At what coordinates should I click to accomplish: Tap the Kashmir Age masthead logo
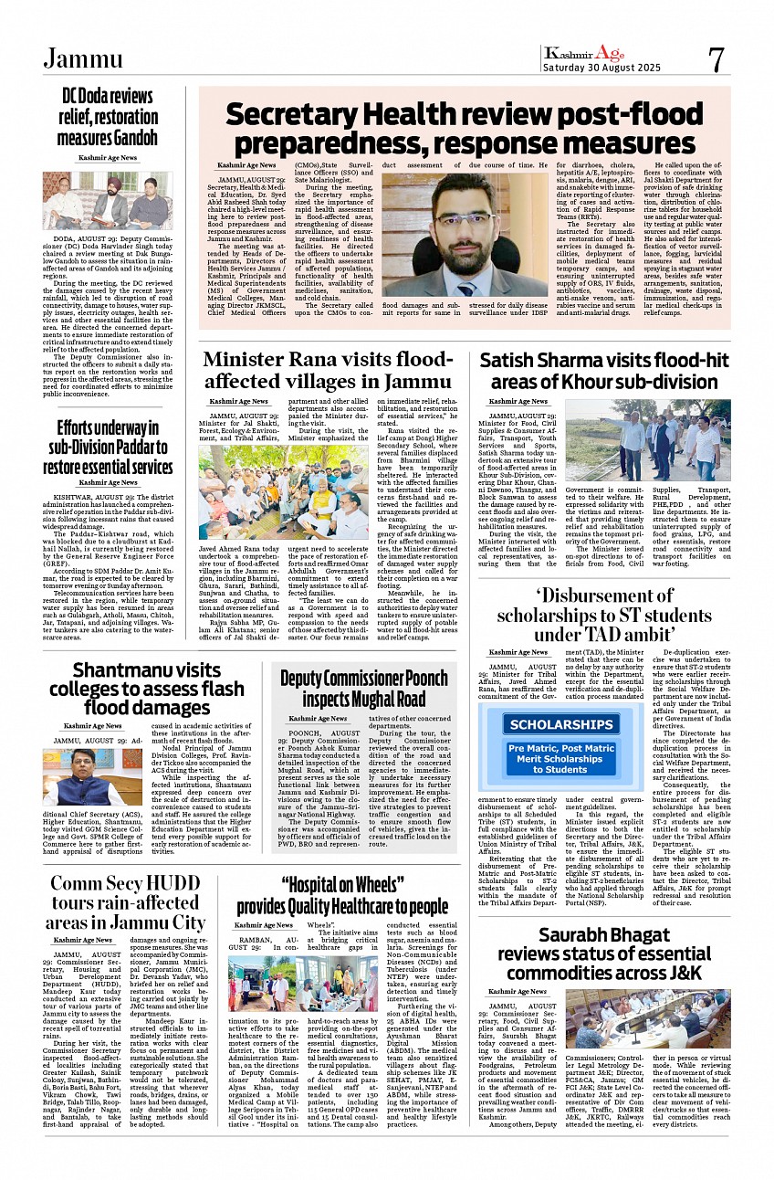tap(583, 53)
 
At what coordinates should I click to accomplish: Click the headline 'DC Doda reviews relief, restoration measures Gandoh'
tap(108, 117)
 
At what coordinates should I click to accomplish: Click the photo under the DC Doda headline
tap(107, 201)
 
